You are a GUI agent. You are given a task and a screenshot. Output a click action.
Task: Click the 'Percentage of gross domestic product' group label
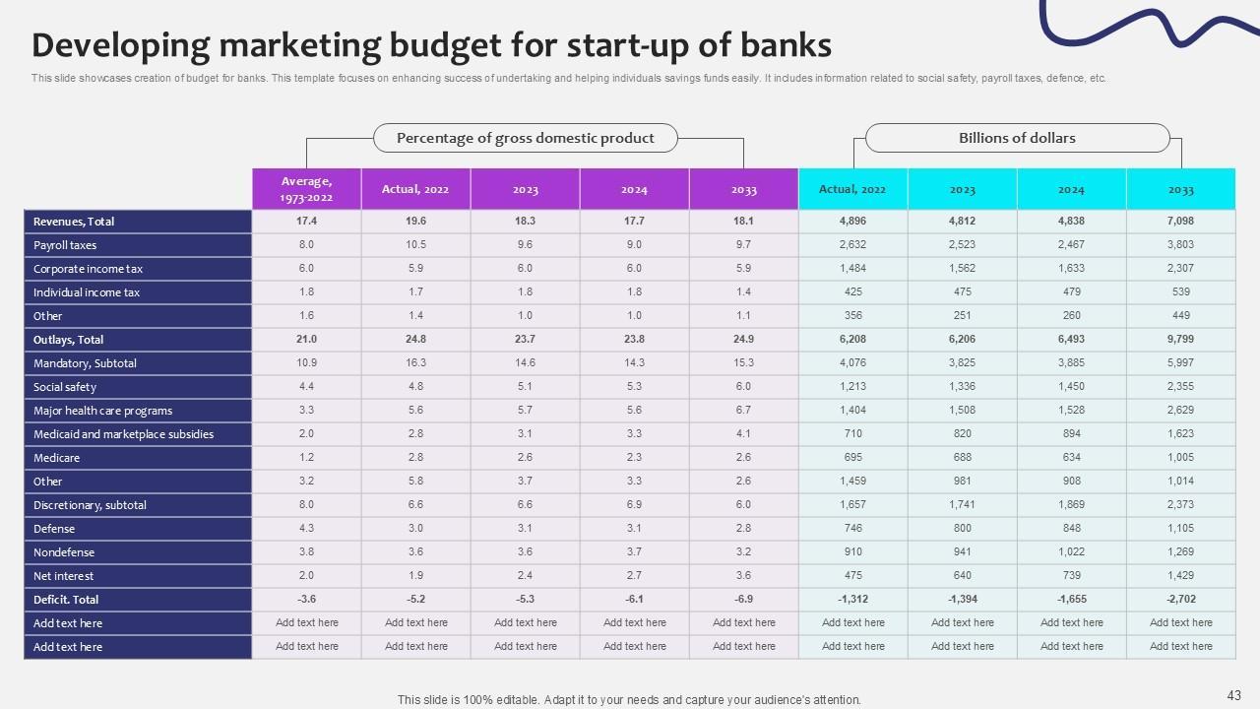coord(526,138)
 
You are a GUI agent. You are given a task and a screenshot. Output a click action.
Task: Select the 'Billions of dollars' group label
coord(1017,138)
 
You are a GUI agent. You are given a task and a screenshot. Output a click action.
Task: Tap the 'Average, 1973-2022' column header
coord(307,189)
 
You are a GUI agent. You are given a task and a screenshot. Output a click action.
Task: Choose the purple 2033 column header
coord(743,189)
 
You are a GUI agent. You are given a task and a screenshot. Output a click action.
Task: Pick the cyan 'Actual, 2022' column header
coord(852,189)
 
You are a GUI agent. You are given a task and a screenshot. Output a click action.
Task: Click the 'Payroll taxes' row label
coord(65,245)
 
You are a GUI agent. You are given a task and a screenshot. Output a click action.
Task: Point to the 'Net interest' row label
coord(64,576)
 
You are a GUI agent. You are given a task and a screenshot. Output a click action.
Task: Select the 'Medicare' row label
coord(57,458)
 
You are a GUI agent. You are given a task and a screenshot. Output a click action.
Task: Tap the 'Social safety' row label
coord(65,387)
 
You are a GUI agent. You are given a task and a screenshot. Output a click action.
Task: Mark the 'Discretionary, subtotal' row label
coord(90,505)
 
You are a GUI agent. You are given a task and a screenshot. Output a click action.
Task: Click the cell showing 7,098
coord(1180,222)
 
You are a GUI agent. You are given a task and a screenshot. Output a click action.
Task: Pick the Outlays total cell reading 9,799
coord(1180,340)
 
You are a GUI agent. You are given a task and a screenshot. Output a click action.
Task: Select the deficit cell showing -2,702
coord(1180,600)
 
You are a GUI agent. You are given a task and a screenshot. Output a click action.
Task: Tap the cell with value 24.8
coord(415,340)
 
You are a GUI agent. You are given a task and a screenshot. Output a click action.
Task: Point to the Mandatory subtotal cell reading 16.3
coord(415,363)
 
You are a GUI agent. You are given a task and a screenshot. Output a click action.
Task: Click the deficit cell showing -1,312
coord(852,600)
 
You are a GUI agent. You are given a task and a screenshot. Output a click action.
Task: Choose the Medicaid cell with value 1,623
coord(1180,434)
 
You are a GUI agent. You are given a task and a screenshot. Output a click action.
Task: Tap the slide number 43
coord(1234,694)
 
